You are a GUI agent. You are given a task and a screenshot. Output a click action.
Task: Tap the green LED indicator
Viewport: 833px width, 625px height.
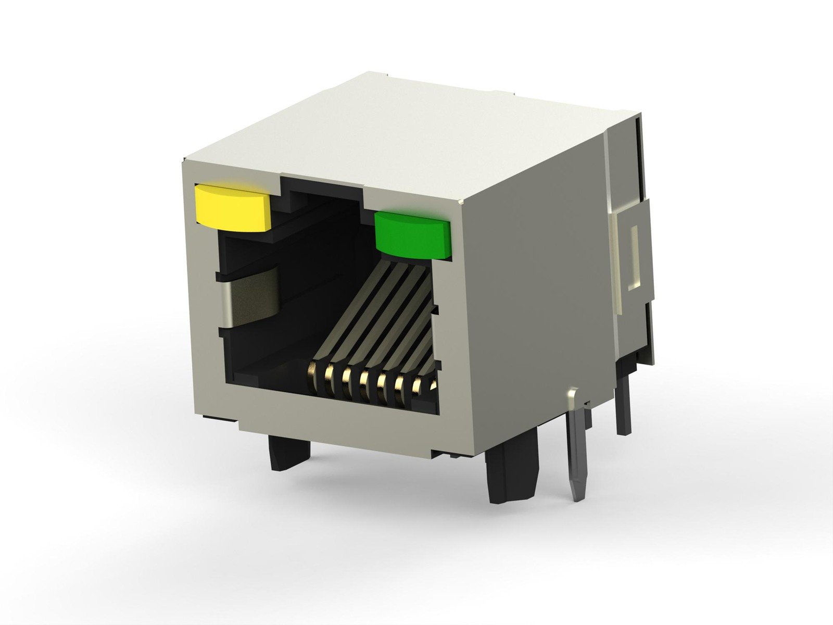(x=412, y=235)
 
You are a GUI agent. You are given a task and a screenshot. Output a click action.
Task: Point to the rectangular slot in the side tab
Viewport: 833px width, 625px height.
(x=634, y=258)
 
